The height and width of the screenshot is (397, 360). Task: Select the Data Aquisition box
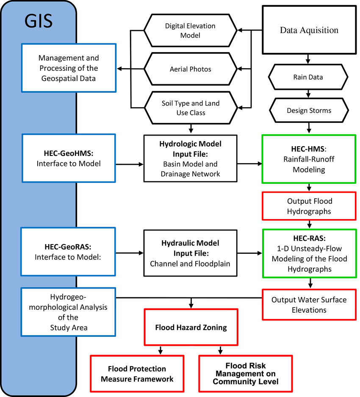[309, 30]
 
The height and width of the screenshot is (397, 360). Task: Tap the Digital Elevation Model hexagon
[190, 31]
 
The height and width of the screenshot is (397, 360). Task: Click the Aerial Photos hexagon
[190, 69]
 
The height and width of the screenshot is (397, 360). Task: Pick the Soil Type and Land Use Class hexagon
[190, 108]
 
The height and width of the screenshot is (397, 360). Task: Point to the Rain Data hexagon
[308, 77]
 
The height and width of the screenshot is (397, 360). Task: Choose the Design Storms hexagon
[309, 111]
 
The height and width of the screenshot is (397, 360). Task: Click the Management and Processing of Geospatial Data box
[68, 68]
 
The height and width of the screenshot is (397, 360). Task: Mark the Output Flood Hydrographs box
[310, 206]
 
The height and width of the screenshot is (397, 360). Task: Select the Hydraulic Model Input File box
[190, 253]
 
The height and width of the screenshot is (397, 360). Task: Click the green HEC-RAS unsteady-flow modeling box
[310, 253]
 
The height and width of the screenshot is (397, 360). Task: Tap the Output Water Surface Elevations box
[310, 305]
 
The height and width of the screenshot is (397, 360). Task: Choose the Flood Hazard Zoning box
[191, 327]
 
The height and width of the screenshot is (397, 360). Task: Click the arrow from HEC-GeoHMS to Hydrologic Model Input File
[129, 164]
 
